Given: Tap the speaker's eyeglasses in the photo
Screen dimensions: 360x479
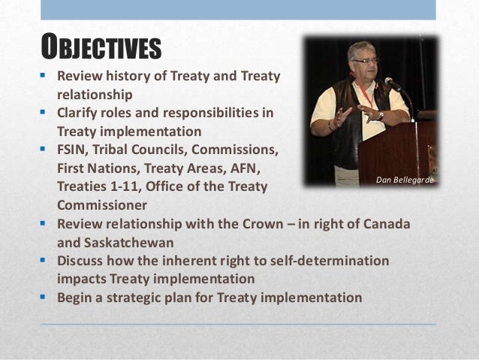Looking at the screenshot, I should tap(365, 60).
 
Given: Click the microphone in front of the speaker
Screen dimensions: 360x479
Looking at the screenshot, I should tap(392, 83).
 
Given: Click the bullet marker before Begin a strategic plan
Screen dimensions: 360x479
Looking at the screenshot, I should tap(46, 297).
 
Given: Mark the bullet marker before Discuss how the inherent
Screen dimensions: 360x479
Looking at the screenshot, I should tap(46, 261).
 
